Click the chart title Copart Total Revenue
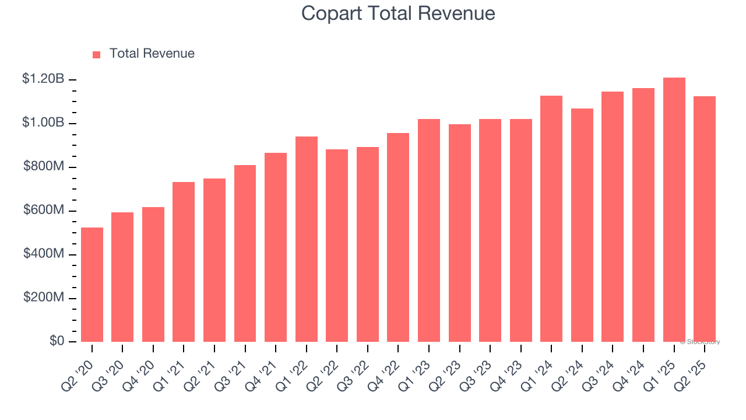coord(398,13)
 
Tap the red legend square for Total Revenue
coord(97,54)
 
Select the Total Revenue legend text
coord(152,54)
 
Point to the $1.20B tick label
coord(43,79)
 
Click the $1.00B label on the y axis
coord(43,123)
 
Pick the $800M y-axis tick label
coord(44,166)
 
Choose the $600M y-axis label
coord(44,210)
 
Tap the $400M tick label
coord(44,254)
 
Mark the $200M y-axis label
coord(44,297)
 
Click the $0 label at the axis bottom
coord(56,341)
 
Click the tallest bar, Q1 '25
coord(674,210)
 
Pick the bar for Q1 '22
coord(307,239)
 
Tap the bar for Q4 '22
coord(398,237)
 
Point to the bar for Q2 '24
coord(582,225)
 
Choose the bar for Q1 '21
coord(184,262)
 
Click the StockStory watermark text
coord(699,342)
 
